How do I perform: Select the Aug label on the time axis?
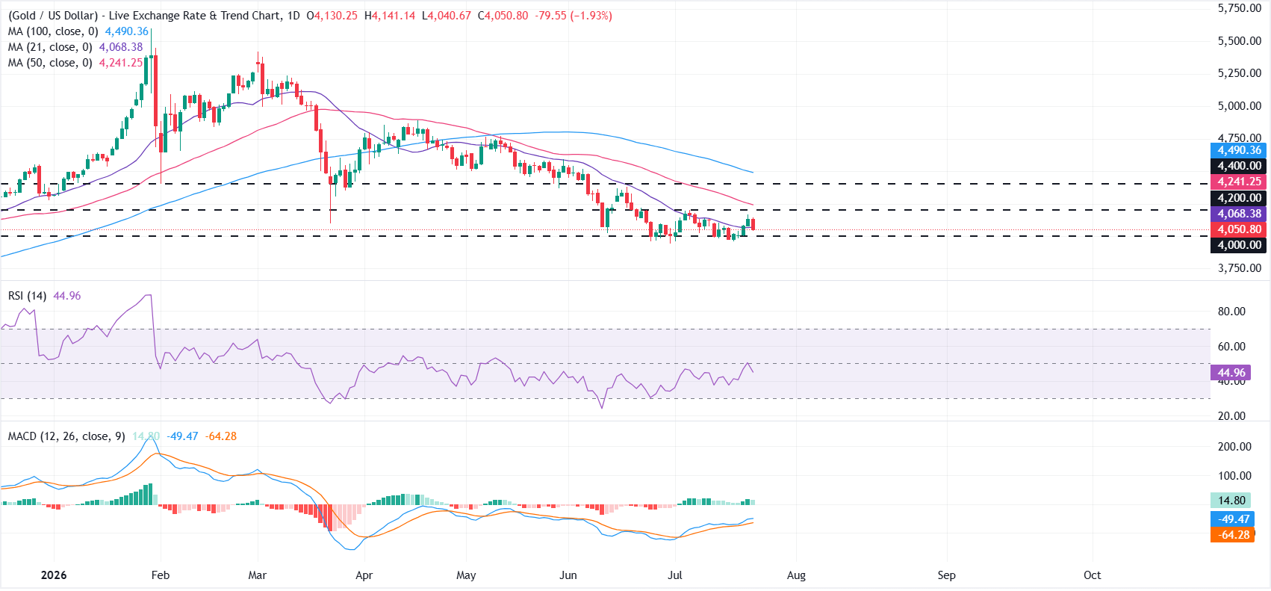click(796, 575)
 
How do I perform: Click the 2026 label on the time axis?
click(54, 575)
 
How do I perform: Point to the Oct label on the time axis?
click(1093, 575)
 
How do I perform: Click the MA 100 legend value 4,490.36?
click(126, 32)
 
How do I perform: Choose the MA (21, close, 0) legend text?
click(50, 47)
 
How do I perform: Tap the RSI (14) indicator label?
click(27, 296)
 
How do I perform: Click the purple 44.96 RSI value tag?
click(1231, 373)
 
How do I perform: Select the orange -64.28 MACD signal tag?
click(1232, 535)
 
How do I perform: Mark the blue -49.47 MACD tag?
click(1232, 519)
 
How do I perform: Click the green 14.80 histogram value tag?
click(1231, 501)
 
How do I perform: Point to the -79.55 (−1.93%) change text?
click(573, 16)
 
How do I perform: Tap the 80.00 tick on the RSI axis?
click(1232, 312)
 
